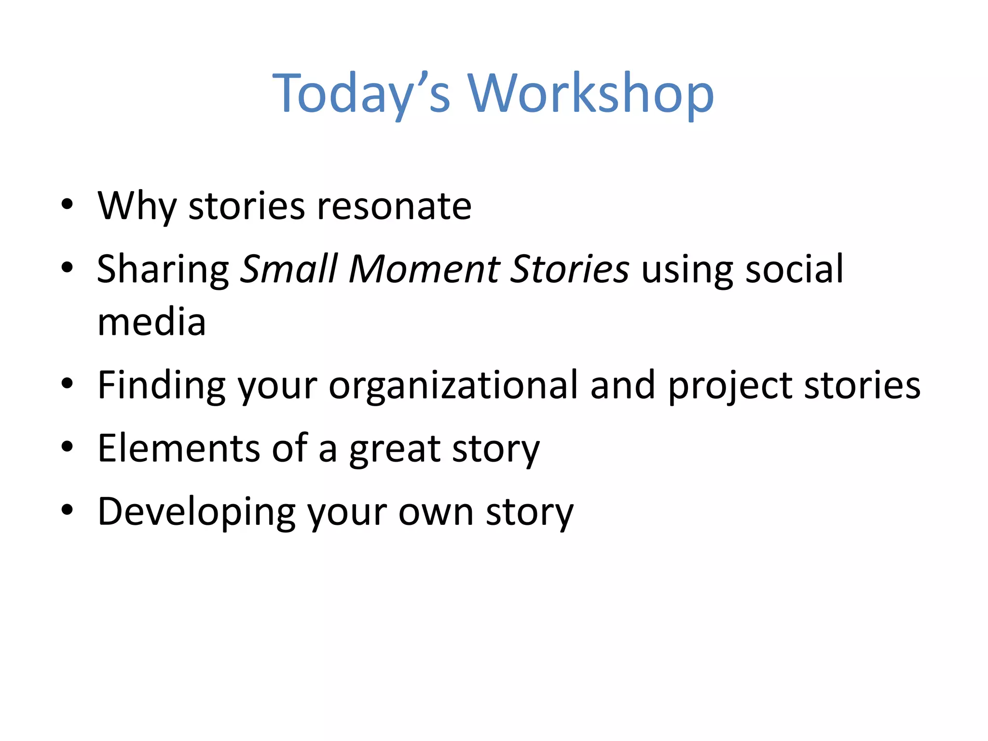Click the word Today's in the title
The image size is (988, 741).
point(361,94)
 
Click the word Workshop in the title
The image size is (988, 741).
point(590,94)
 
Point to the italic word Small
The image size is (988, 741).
point(289,269)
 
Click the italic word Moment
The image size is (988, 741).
point(425,269)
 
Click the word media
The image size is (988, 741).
point(151,323)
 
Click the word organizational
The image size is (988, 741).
point(453,386)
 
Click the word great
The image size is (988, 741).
point(395,449)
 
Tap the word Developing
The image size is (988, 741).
point(196,512)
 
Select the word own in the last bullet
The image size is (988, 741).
point(436,512)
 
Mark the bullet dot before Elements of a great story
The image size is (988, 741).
point(67,446)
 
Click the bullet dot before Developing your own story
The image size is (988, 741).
point(67,509)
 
